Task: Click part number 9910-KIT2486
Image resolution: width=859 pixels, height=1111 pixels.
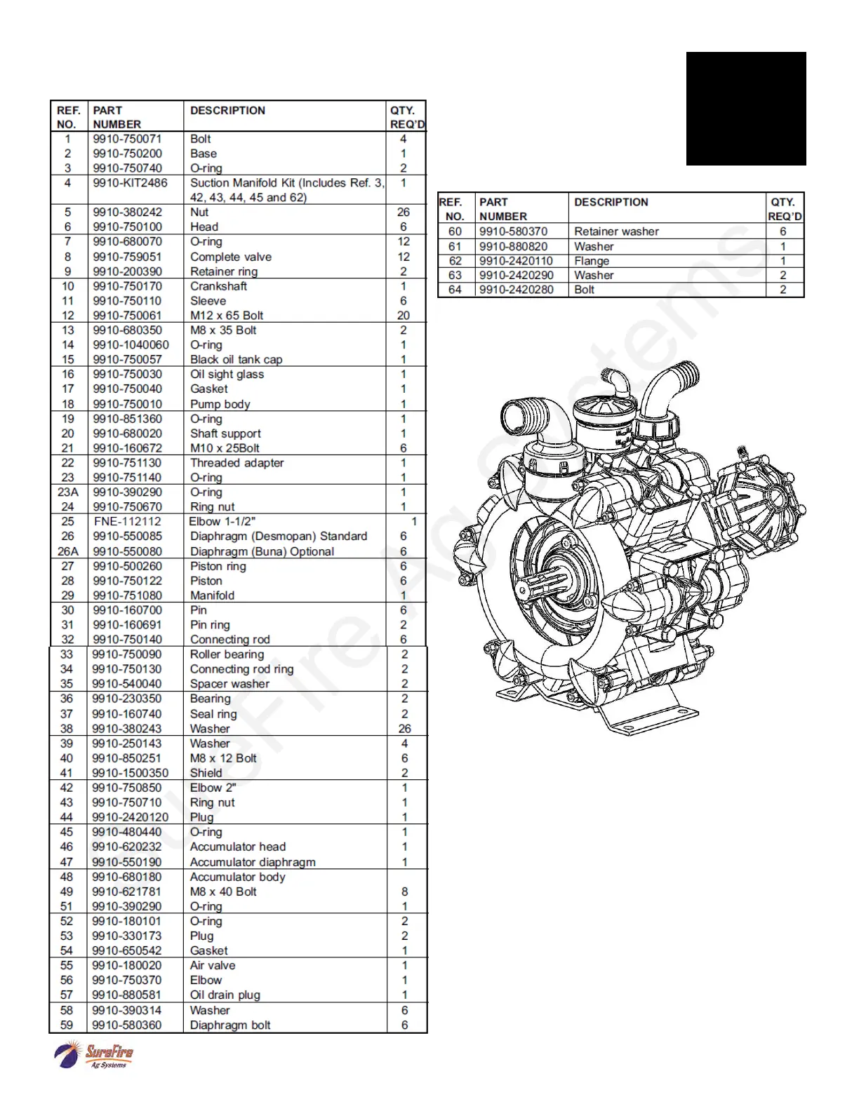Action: [x=130, y=183]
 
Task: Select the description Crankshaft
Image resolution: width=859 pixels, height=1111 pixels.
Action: [x=218, y=286]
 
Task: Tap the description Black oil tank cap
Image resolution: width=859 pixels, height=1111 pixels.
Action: [x=236, y=360]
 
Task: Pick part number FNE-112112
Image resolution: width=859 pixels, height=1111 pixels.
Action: [x=127, y=522]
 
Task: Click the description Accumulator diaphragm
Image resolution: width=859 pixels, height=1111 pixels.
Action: [x=252, y=862]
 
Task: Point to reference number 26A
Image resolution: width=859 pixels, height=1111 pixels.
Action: [x=67, y=551]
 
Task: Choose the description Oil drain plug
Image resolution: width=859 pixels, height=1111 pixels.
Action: [x=225, y=995]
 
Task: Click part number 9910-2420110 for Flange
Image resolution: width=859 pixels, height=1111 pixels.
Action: [x=516, y=261]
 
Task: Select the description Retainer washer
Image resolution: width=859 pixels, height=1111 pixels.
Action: [x=616, y=231]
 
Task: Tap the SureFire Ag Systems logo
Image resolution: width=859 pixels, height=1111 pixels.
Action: [x=94, y=1056]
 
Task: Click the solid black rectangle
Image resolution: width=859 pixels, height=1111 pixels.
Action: [x=745, y=109]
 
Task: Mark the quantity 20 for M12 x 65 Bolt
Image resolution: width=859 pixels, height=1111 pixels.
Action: [x=404, y=316]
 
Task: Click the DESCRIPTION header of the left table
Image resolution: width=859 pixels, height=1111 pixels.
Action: [x=227, y=111]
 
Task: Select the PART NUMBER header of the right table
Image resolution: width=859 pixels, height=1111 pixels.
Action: [x=502, y=209]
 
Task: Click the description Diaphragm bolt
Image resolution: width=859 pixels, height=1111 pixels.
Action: [x=229, y=1025]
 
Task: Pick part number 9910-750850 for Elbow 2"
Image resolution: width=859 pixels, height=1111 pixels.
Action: [x=126, y=788]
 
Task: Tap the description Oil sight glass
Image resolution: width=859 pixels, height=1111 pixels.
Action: [x=227, y=375]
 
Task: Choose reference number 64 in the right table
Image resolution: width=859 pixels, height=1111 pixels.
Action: [x=455, y=290]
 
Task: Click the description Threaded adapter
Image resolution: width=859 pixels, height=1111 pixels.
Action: [x=237, y=463]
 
